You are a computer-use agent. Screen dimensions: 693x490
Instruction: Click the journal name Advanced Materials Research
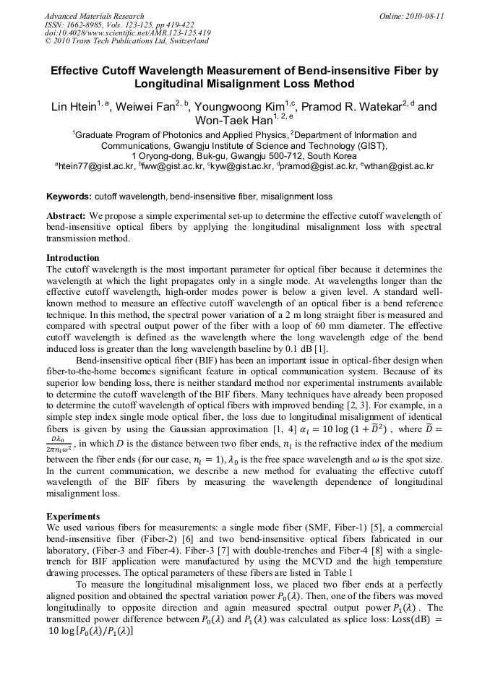tap(94, 16)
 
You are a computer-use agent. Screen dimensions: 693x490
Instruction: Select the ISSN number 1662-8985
tap(85, 25)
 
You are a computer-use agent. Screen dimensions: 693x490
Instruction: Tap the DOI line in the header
tap(127, 33)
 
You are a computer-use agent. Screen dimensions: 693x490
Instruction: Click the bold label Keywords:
tap(69, 196)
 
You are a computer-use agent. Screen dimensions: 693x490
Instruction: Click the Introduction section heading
tap(73, 258)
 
